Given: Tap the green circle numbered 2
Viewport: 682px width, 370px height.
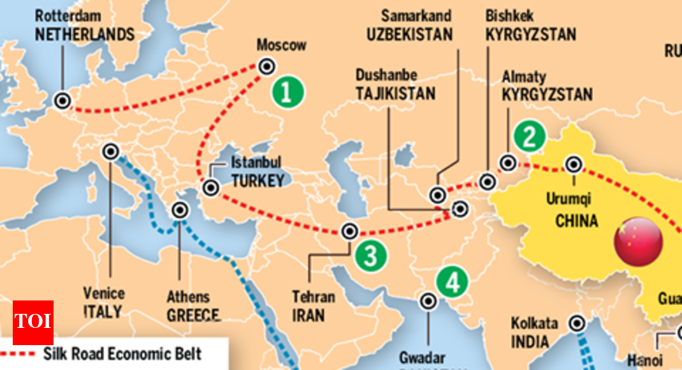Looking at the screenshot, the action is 528,135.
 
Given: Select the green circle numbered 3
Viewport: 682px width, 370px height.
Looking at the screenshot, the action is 372,256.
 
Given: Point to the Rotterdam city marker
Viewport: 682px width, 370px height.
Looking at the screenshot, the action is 62,100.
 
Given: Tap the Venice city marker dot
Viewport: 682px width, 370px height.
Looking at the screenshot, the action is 111,151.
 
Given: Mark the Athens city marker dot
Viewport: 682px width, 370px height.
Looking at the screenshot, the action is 180,210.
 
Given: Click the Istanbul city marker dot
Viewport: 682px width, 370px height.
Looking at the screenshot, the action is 210,188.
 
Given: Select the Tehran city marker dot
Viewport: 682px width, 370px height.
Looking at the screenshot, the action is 350,232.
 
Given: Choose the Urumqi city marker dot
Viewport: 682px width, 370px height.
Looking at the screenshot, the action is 574,165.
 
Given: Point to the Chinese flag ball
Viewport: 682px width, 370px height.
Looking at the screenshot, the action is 638,242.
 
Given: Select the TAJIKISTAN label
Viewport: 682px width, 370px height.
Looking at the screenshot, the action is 395,93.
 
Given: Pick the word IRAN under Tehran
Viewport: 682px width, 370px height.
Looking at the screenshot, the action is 308,315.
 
